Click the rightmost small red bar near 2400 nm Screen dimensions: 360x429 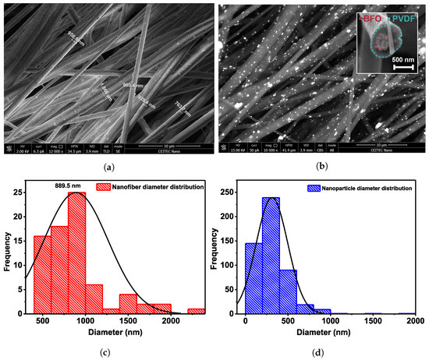[196, 311]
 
